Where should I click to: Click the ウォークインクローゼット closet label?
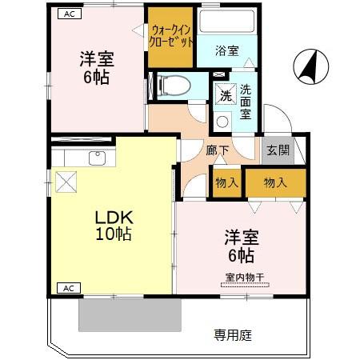[x=170, y=36]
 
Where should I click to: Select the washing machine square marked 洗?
[x=226, y=94]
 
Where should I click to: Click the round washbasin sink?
[x=222, y=122]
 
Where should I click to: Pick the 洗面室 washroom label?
[x=245, y=102]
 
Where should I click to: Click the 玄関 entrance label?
[x=278, y=150]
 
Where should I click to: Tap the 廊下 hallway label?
[x=218, y=150]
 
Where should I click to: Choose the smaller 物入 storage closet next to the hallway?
[x=226, y=182]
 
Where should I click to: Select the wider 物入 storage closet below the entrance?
[x=275, y=182]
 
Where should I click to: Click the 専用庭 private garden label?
[x=234, y=334]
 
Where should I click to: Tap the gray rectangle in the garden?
[x=123, y=317]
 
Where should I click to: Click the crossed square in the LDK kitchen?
[x=66, y=181]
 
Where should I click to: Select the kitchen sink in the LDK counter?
[x=98, y=157]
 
